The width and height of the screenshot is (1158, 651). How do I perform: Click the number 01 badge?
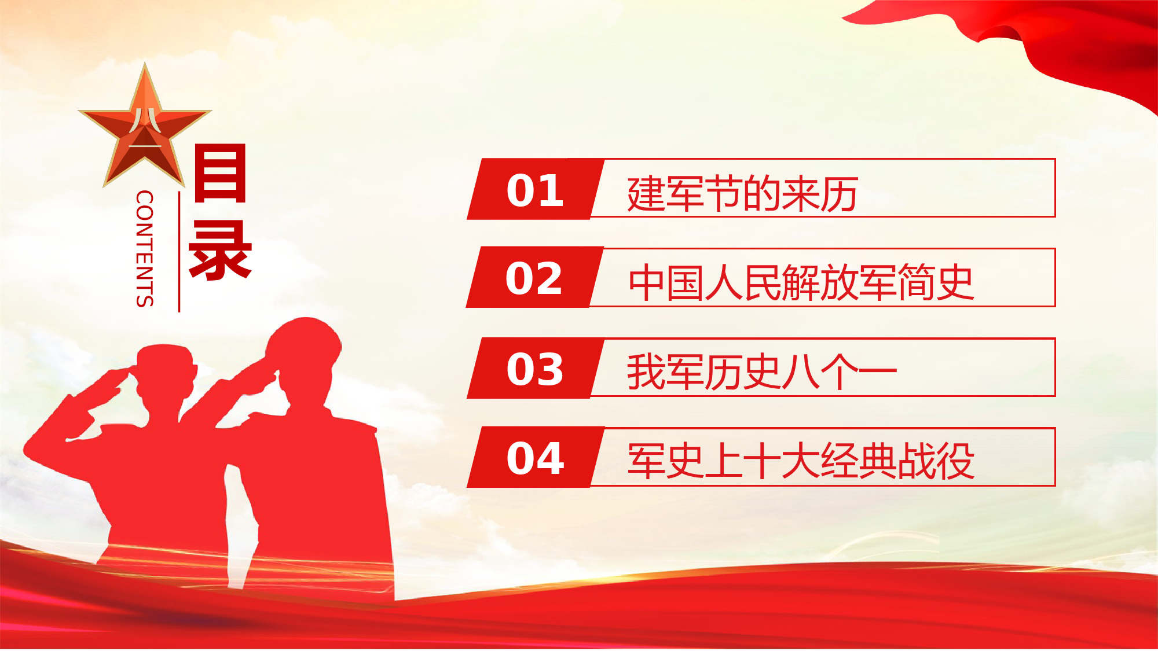(536, 189)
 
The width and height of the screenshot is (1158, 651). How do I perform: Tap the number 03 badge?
(536, 368)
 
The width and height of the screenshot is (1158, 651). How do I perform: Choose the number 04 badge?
(536, 457)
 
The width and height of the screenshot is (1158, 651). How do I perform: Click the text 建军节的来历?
(742, 194)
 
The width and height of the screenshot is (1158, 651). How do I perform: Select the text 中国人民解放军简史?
(801, 282)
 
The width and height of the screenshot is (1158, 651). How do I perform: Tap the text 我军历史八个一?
(762, 372)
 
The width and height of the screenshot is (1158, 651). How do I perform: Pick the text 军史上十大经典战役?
(801, 461)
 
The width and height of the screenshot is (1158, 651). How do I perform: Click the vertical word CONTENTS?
(145, 248)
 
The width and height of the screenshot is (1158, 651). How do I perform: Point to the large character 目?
(221, 173)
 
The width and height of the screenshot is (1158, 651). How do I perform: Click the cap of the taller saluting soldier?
(304, 339)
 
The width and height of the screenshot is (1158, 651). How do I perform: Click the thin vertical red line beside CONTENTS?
(179, 252)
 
